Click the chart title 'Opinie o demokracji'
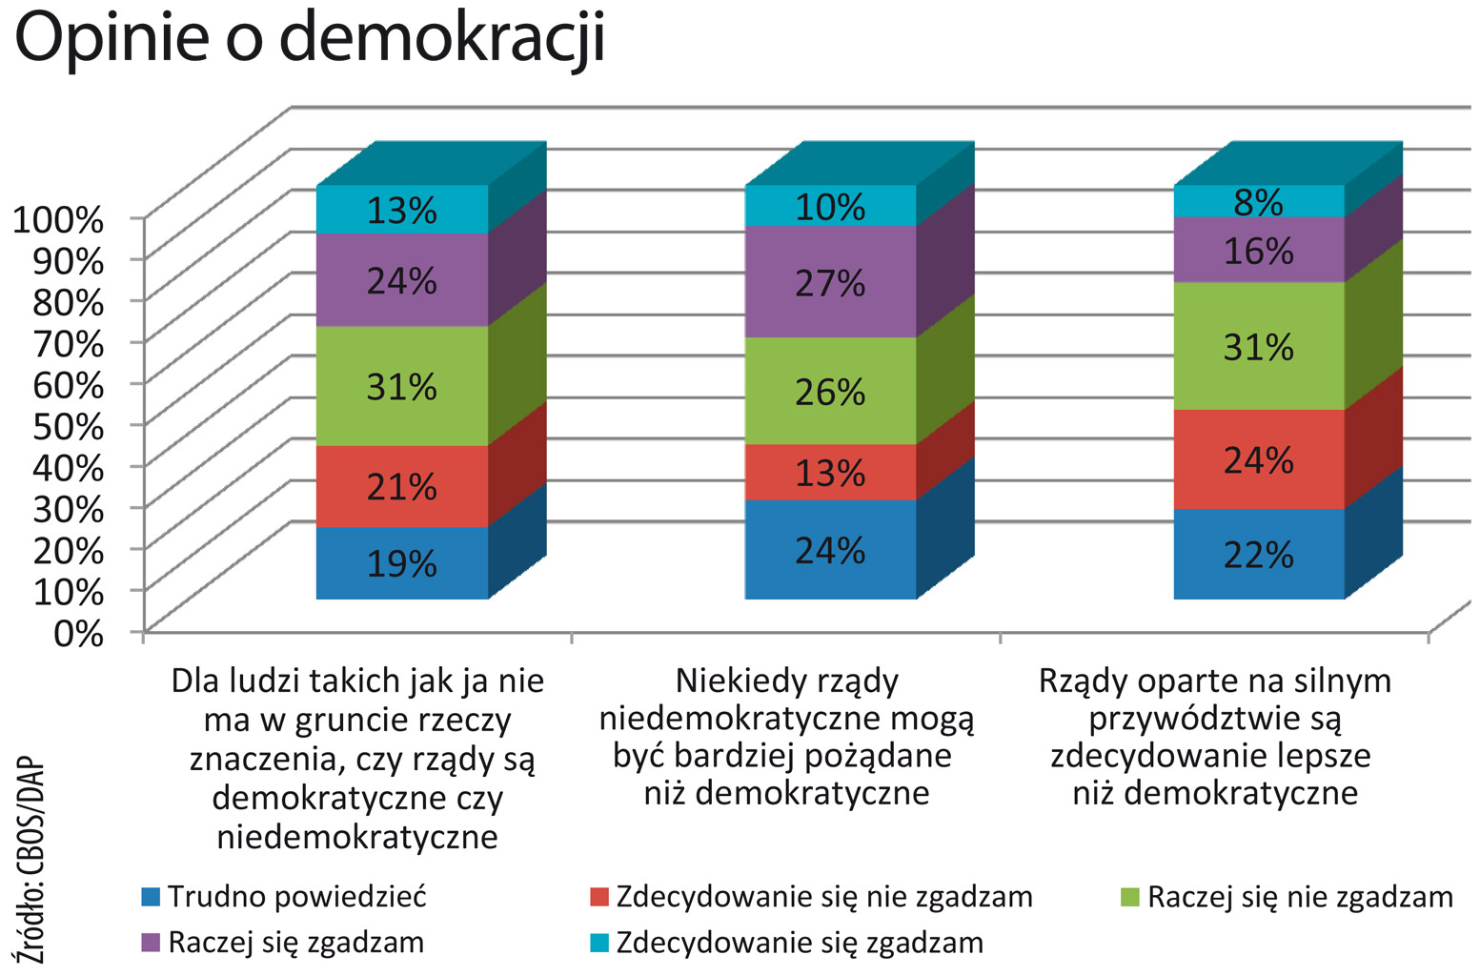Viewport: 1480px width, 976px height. pyautogui.click(x=310, y=38)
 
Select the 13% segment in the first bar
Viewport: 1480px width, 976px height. pyautogui.click(x=401, y=210)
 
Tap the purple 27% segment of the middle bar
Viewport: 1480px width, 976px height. pyautogui.click(x=830, y=282)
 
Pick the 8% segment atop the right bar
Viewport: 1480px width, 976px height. pyautogui.click(x=1258, y=202)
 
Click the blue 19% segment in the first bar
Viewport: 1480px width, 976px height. pyautogui.click(x=401, y=563)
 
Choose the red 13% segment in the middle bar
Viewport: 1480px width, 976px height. pyautogui.click(x=830, y=473)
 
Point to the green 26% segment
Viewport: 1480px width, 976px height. pyautogui.click(x=830, y=392)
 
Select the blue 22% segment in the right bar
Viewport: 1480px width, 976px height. pyautogui.click(x=1258, y=555)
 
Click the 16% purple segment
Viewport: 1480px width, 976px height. pyautogui.click(x=1258, y=251)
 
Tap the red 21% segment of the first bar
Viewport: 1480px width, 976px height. pyautogui.click(x=401, y=487)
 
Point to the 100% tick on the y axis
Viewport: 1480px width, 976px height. pyautogui.click(x=57, y=219)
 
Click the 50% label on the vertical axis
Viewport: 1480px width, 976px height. pyautogui.click(x=67, y=426)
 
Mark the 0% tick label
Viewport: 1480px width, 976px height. pyautogui.click(x=78, y=632)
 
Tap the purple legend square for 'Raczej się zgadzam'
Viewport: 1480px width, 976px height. pyautogui.click(x=150, y=943)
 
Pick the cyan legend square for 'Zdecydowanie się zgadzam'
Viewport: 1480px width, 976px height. pyautogui.click(x=598, y=943)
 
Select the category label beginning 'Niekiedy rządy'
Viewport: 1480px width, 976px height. pyautogui.click(x=786, y=737)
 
